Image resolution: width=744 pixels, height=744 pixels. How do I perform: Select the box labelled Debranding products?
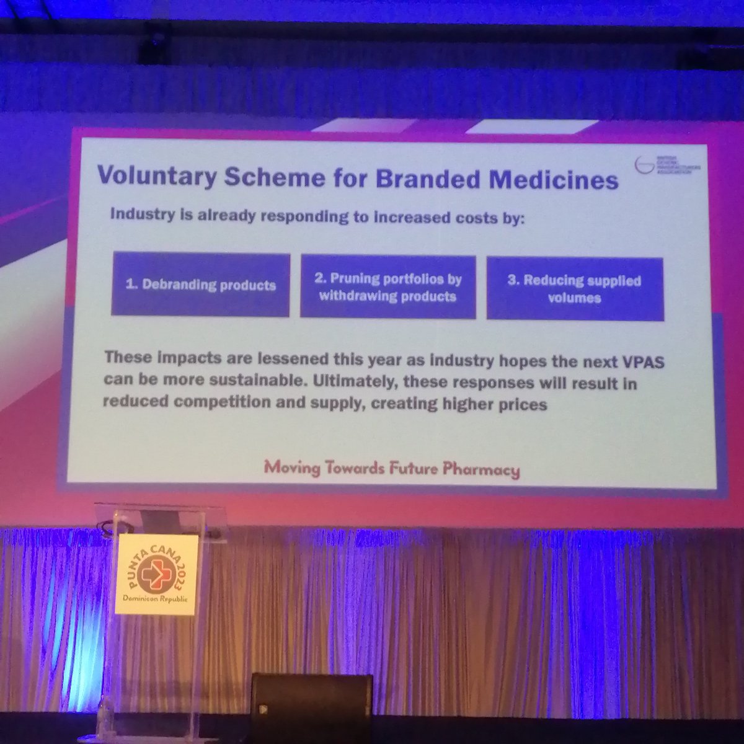point(200,285)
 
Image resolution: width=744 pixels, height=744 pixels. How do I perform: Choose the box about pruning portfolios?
point(387,287)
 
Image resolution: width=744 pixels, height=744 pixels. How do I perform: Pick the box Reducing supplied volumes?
point(574,289)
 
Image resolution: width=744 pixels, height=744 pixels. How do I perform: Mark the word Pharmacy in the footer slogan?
point(481,469)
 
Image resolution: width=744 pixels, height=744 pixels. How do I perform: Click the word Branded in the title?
point(419,179)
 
